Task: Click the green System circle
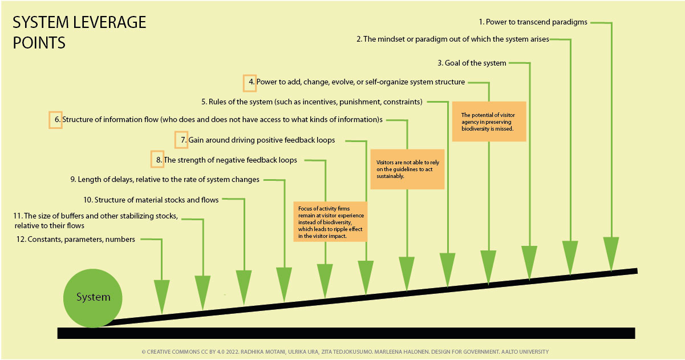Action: (92, 298)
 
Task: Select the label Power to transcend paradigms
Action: (533, 22)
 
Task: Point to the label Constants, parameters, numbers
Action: (76, 240)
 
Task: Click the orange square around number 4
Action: (250, 82)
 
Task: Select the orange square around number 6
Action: (55, 120)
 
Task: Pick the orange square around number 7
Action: (181, 140)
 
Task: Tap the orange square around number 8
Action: (157, 160)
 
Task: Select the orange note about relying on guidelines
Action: (407, 169)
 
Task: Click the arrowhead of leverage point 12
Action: (162, 296)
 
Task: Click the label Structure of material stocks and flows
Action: (151, 200)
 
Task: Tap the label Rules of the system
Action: (311, 102)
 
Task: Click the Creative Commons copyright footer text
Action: (344, 351)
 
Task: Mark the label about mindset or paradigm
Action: (452, 39)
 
